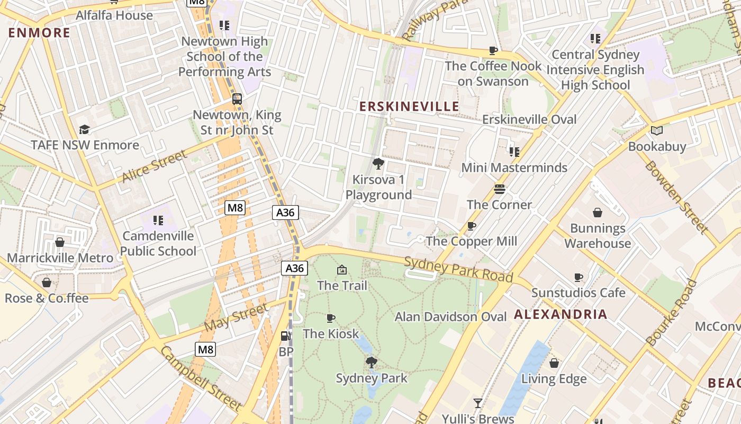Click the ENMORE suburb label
pos(39,33)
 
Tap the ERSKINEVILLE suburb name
pos(409,107)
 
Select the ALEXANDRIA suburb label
pos(561,314)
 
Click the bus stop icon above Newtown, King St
pos(237,99)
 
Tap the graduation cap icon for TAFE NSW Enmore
pos(84,130)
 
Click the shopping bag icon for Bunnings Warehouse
pos(598,213)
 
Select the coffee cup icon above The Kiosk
pos(331,319)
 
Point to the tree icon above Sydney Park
pos(372,363)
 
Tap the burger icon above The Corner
pos(499,189)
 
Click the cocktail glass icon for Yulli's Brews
pos(478,403)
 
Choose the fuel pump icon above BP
pos(285,336)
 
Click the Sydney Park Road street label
pos(458,269)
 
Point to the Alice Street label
pos(154,166)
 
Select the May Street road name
pos(236,317)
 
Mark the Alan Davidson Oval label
pos(451,317)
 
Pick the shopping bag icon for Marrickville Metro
pos(60,243)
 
